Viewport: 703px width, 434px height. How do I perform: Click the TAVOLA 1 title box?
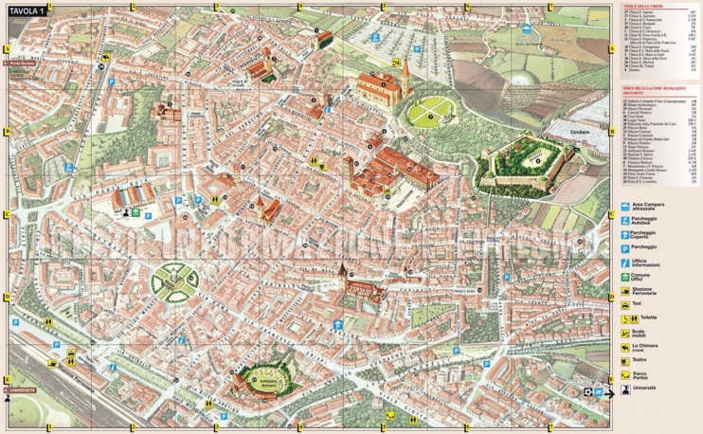tap(27, 11)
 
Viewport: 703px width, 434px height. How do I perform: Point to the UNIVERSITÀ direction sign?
tap(21, 389)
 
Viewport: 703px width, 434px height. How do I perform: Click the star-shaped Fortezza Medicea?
tap(530, 159)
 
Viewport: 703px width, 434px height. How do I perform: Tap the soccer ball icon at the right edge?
tap(589, 389)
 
